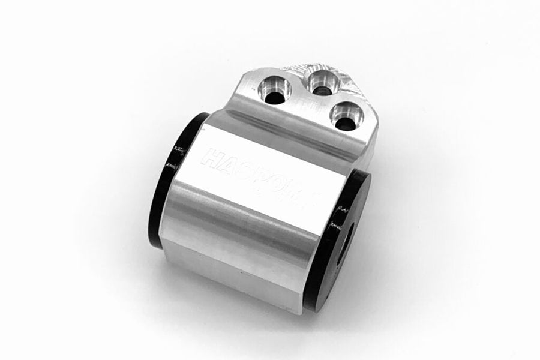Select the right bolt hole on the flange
coord(345,118)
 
